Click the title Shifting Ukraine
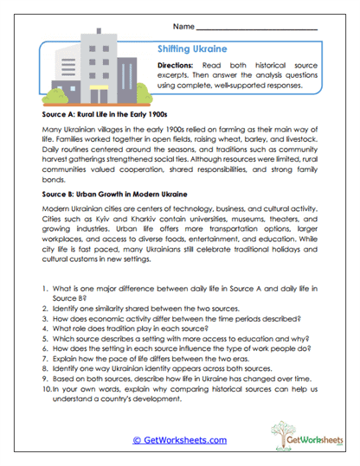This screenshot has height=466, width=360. (x=192, y=49)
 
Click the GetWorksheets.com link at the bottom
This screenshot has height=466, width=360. (x=179, y=440)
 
